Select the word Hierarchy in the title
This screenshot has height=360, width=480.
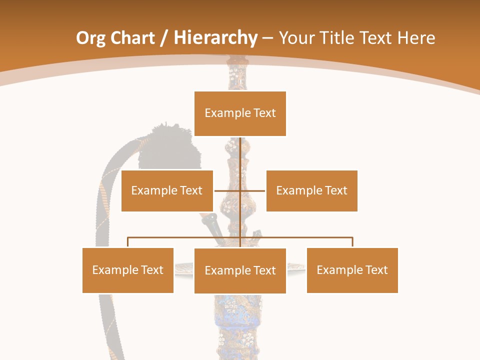(x=215, y=38)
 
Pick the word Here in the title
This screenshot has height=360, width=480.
(x=416, y=38)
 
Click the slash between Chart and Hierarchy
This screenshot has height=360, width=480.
(x=164, y=38)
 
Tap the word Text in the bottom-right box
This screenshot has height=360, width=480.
(x=376, y=270)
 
